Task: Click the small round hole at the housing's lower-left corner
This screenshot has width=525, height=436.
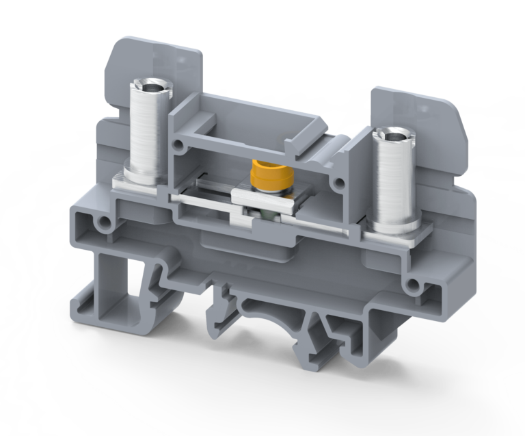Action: (104, 223)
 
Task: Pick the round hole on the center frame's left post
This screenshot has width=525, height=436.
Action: (178, 145)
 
